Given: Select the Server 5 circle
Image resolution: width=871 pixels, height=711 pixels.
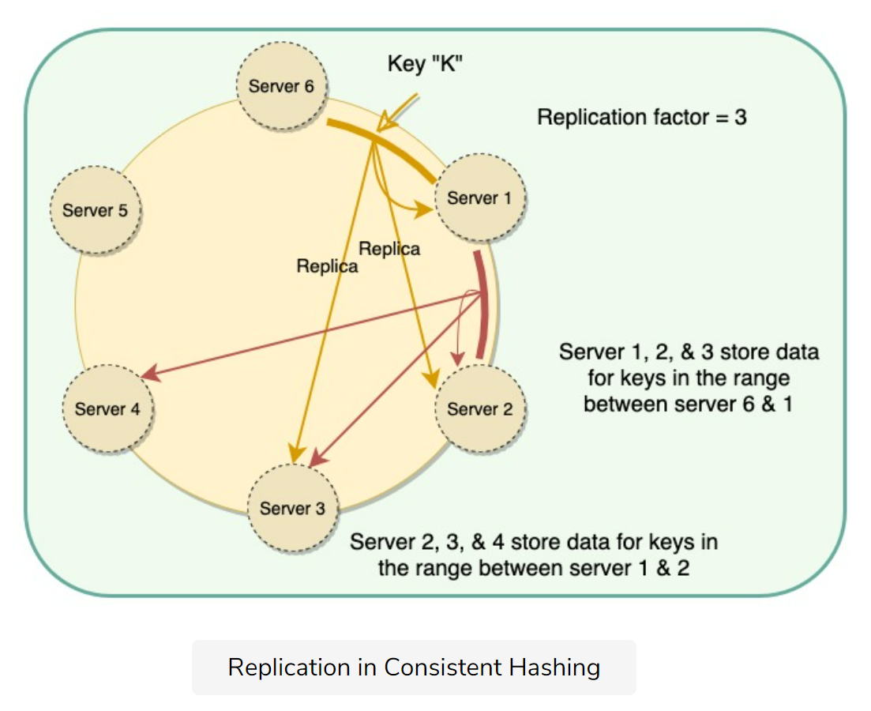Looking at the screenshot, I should tap(95, 210).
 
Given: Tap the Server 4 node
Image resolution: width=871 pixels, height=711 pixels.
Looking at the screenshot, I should tap(107, 408).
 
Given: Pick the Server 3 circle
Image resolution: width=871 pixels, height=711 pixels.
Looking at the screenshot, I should tap(292, 507).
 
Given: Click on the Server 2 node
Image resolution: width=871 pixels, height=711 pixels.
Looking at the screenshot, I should tap(479, 408).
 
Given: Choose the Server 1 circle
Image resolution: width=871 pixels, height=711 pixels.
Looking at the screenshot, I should tap(479, 197).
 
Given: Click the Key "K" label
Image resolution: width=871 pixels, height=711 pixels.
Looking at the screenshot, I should tap(425, 64).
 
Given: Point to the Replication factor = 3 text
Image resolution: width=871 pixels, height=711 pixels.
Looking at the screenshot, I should tap(642, 118).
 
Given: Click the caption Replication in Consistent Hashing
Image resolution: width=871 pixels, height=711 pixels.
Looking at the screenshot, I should tap(414, 668).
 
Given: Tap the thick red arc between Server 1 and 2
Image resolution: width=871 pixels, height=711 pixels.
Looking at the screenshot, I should tap(482, 304).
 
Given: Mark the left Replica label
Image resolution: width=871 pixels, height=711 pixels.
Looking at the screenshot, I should tap(327, 266).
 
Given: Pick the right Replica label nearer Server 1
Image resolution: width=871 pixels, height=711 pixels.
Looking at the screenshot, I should tap(389, 249).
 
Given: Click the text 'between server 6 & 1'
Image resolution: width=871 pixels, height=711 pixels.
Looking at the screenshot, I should tap(689, 404).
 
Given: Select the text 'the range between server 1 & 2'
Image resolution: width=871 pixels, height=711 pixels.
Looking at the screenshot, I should tap(534, 568).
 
